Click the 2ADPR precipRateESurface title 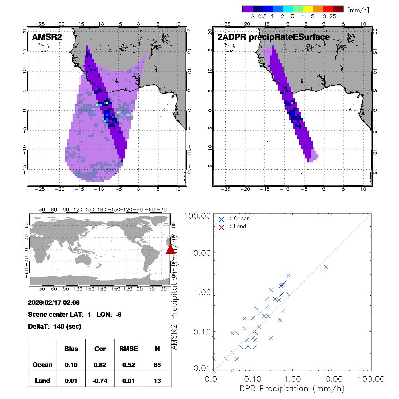coord(273,37)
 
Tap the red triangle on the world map coord(170,249)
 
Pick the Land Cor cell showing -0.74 coord(100,381)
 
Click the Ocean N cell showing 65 coord(157,365)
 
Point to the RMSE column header coord(128,349)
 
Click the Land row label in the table coord(42,381)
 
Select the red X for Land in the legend coord(221,227)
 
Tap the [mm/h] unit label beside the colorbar coord(358,9)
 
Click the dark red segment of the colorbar coord(338,9)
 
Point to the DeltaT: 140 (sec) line coord(55,327)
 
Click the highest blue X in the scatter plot coord(326,267)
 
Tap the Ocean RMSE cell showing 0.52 coord(128,365)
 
